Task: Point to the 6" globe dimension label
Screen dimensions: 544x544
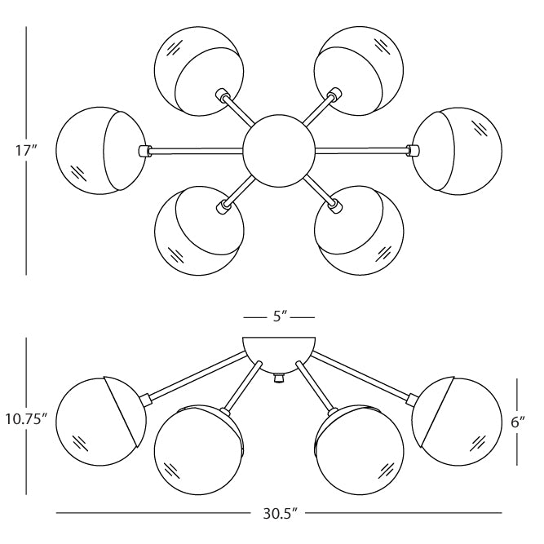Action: (x=516, y=422)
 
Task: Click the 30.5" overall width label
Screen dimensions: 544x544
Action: (x=279, y=514)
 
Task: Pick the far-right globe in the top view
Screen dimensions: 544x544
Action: (x=453, y=150)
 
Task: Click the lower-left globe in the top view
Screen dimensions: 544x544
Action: (x=197, y=231)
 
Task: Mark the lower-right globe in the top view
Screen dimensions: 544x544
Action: (x=360, y=231)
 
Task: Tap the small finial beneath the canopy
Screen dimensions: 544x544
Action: (x=279, y=379)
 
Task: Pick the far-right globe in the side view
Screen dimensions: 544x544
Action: (x=453, y=420)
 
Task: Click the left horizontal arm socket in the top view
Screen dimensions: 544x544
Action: (x=145, y=150)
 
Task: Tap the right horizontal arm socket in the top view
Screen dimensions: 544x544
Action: (x=412, y=150)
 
